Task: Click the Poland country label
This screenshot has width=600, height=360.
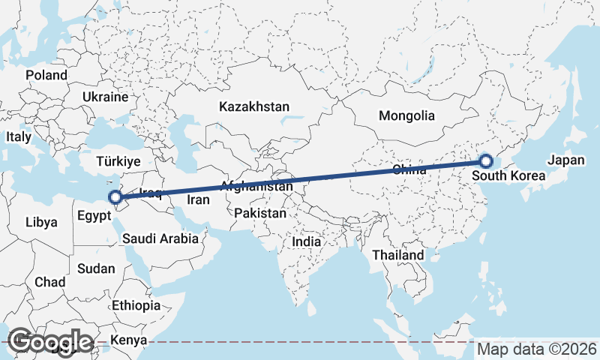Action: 46,75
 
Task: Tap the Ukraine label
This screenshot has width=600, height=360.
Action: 106,97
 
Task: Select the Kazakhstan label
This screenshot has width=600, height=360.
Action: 254,107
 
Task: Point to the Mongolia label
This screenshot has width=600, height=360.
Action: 406,116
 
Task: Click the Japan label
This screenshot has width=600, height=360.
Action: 565,160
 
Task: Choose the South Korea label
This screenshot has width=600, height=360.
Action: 508,177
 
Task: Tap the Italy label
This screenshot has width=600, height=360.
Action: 19,137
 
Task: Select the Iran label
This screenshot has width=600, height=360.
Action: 198,199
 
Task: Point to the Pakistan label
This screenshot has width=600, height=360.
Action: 260,214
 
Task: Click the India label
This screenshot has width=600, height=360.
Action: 306,242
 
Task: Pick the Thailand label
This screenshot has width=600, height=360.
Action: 398,255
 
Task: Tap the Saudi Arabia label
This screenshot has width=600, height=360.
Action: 160,239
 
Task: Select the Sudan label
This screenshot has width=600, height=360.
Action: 96,268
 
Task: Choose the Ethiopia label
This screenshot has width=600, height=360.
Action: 136,306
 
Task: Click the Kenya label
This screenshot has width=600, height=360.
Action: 128,341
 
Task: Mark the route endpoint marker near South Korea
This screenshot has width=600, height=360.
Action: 485,161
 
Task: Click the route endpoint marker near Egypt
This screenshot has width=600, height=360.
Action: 115,198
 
